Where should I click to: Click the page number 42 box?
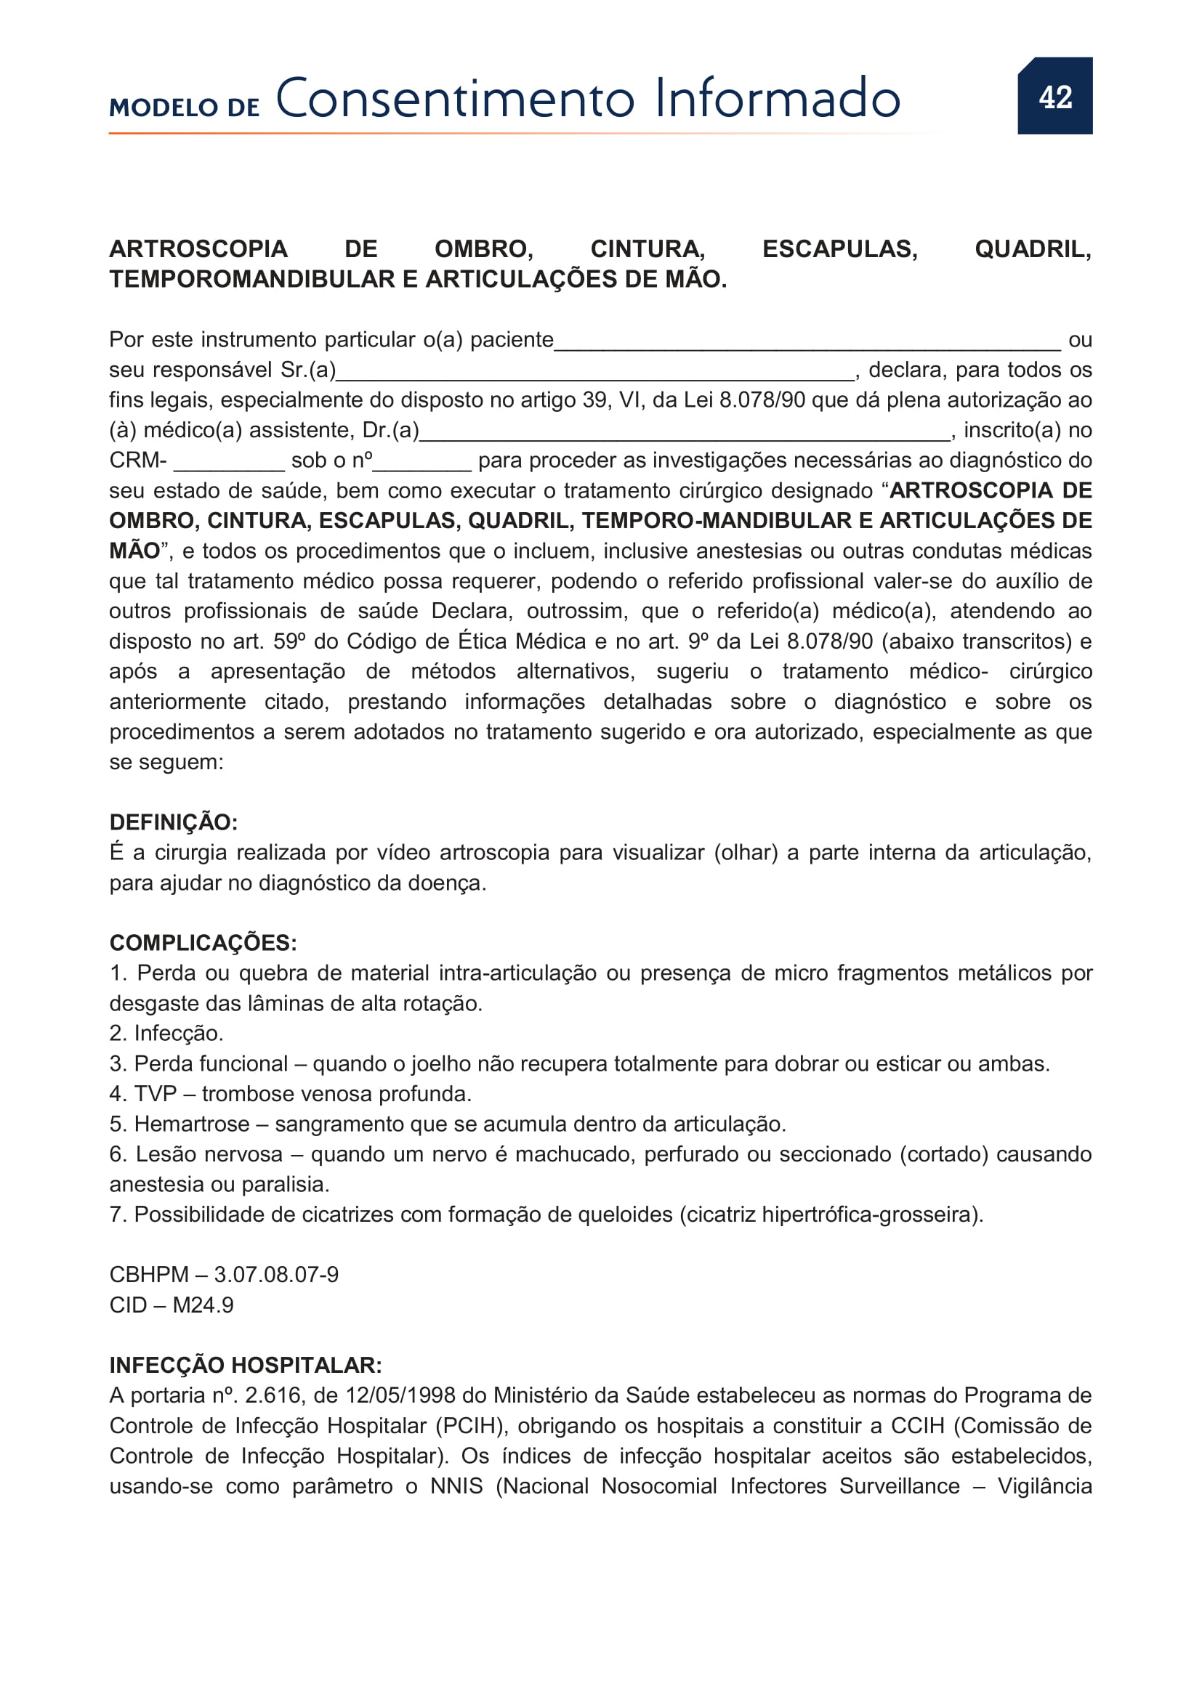pyautogui.click(x=1054, y=96)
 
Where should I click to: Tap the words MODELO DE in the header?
pyautogui.click(x=185, y=108)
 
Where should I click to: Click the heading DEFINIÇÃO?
pyautogui.click(x=173, y=822)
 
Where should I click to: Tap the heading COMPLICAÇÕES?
pyautogui.click(x=203, y=943)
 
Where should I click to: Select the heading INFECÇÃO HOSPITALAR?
pyautogui.click(x=246, y=1366)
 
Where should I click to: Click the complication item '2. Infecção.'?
pyautogui.click(x=166, y=1034)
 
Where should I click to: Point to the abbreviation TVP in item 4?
pyautogui.click(x=156, y=1094)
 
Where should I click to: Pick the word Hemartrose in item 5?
pyautogui.click(x=192, y=1124)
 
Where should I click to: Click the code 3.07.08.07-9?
pyautogui.click(x=276, y=1275)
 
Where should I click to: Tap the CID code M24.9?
pyautogui.click(x=203, y=1305)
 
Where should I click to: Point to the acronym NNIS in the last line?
pyautogui.click(x=456, y=1487)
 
